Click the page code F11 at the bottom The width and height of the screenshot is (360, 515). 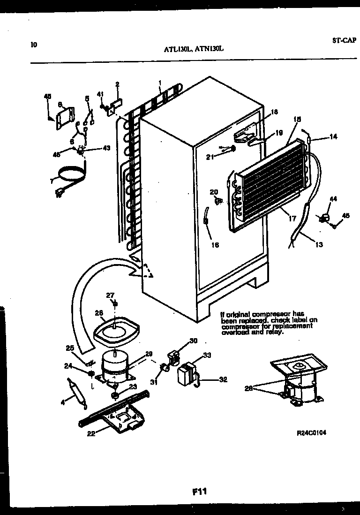coord(200,492)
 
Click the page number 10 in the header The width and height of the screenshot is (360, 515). coord(33,45)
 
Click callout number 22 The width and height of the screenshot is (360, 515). coord(91,434)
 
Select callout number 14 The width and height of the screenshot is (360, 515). coord(333,137)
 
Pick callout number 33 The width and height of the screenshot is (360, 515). coord(193,355)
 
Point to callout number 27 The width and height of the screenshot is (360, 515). coord(110,295)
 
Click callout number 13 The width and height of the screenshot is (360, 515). coord(319,244)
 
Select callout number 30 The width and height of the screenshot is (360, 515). coord(193,341)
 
